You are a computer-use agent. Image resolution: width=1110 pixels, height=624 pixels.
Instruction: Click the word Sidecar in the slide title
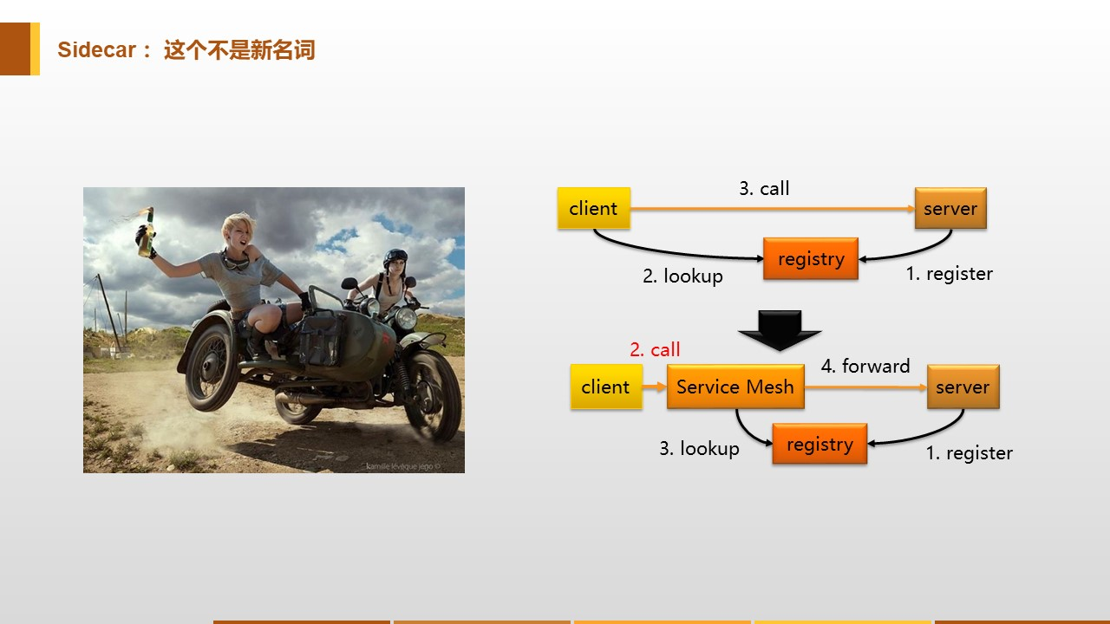pos(96,50)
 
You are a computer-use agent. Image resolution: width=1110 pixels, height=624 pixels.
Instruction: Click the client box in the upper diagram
pos(593,209)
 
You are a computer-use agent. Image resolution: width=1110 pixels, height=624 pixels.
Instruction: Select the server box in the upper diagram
pos(950,209)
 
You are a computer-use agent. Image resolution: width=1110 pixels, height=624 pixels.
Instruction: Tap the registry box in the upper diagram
pos(811,259)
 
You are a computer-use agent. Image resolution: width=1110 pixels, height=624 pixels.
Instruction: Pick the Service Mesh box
pos(735,387)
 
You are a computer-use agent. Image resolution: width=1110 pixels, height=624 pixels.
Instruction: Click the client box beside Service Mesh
pos(605,387)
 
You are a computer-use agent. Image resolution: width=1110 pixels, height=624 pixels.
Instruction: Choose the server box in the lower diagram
pos(963,387)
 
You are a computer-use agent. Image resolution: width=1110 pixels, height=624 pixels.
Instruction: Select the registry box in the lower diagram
pos(819,445)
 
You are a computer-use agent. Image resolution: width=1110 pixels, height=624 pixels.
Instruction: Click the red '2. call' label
pos(655,350)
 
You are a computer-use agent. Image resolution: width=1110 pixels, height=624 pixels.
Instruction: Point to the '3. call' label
pos(764,189)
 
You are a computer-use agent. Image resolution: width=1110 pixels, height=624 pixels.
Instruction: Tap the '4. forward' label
pos(865,367)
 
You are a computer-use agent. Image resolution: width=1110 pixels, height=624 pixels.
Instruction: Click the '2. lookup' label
pos(682,276)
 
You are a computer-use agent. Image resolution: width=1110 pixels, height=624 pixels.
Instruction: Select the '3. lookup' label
pos(699,449)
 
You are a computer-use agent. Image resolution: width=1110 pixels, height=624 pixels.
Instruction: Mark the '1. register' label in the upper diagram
pos(949,274)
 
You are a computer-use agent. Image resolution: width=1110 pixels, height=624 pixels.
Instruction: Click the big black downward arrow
pos(779,330)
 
